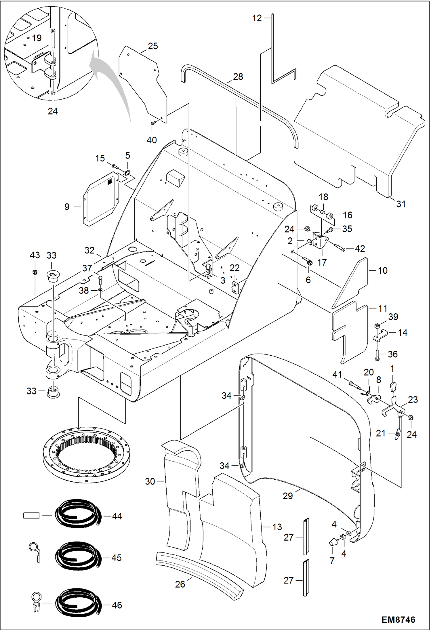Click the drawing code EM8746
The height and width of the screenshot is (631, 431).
tap(398, 619)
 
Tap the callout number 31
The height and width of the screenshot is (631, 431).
tap(401, 204)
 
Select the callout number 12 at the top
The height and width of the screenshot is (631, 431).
tap(257, 18)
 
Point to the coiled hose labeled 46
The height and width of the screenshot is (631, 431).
tap(79, 603)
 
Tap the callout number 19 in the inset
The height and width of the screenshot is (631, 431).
tap(37, 38)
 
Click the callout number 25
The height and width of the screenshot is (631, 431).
tap(153, 46)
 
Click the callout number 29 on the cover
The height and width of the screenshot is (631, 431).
tap(287, 495)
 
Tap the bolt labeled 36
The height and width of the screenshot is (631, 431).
tap(377, 355)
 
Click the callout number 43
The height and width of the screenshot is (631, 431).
tap(35, 255)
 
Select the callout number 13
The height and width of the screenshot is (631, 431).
tap(277, 527)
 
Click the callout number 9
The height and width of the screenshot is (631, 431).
tap(67, 207)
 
